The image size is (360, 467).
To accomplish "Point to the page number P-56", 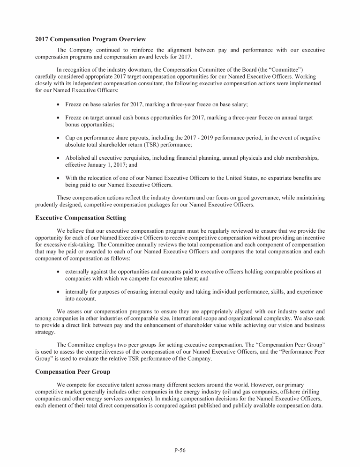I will coord(180,450).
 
